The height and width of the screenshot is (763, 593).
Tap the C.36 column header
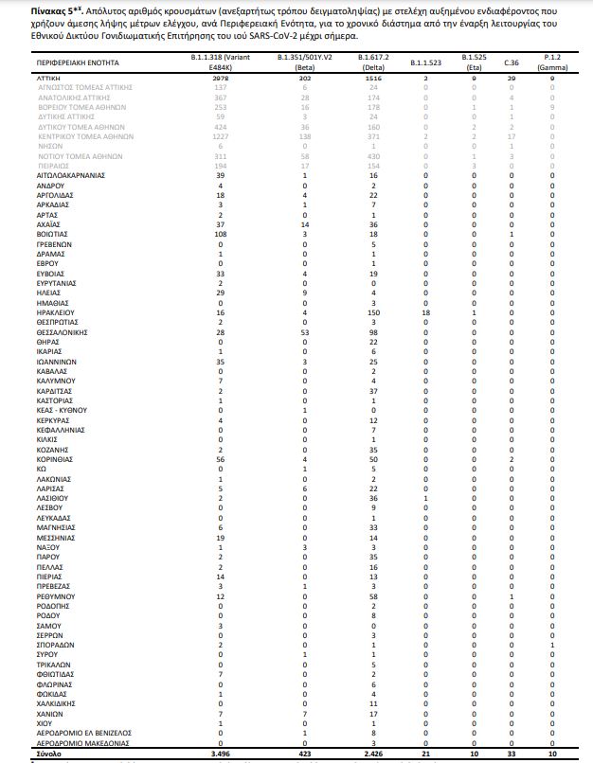pyautogui.click(x=511, y=62)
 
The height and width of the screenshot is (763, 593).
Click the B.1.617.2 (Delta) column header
pyautogui.click(x=376, y=62)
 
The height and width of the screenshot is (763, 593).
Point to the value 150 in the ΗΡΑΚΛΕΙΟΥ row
pyautogui.click(x=375, y=311)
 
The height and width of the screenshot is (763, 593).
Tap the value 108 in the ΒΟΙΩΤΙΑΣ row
pyautogui.click(x=219, y=231)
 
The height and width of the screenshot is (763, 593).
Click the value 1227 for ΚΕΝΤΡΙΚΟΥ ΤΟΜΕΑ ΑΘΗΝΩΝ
pyautogui.click(x=219, y=136)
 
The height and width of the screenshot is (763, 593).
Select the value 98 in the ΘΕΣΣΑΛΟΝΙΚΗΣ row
pyautogui.click(x=375, y=333)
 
